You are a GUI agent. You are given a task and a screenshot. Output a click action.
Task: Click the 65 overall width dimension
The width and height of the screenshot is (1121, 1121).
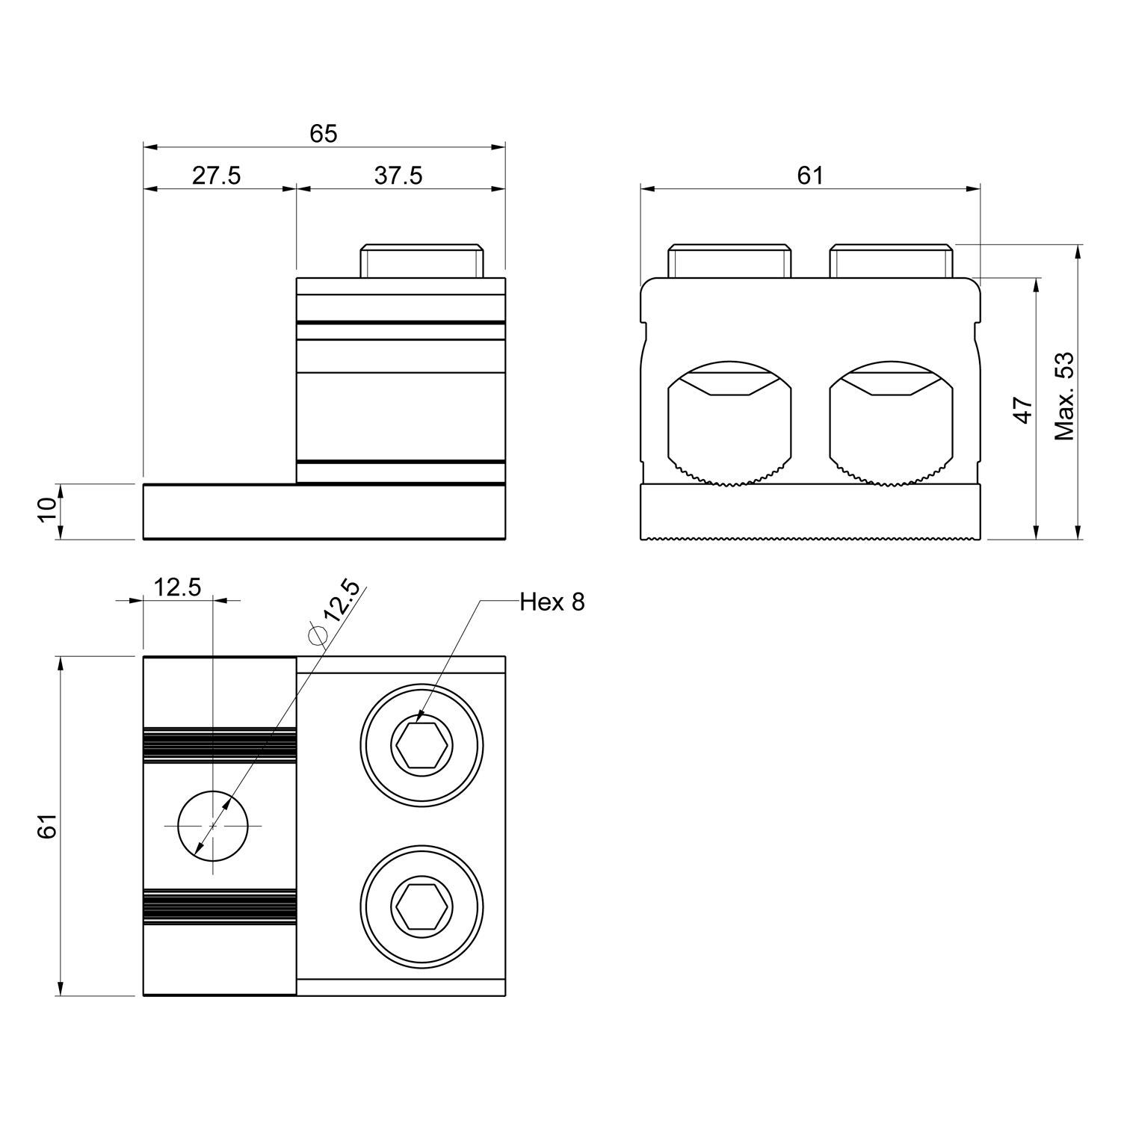point(324,134)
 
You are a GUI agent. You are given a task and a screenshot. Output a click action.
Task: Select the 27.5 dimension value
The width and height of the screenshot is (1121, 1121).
point(217,176)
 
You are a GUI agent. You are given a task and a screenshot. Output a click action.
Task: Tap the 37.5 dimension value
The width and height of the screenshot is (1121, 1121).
point(398,176)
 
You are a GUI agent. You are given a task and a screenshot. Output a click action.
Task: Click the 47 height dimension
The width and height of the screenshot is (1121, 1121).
point(1023,410)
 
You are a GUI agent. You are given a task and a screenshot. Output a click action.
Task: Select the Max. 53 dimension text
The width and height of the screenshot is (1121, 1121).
point(1063,395)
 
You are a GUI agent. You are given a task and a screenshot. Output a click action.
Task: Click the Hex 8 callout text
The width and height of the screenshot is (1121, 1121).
point(552,602)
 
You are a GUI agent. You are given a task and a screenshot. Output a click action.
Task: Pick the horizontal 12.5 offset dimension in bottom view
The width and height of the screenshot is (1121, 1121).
point(178,587)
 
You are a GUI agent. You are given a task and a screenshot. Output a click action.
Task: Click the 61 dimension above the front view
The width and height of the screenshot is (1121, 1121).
point(810,176)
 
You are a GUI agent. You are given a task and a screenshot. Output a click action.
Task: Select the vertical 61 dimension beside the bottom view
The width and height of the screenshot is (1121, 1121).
point(48,826)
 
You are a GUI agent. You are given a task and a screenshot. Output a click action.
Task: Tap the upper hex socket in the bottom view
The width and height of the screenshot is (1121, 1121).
point(422,745)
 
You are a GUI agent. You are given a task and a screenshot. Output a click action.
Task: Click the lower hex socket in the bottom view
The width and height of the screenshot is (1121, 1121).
point(422,907)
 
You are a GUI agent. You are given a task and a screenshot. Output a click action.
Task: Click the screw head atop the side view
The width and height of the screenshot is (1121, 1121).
point(422,261)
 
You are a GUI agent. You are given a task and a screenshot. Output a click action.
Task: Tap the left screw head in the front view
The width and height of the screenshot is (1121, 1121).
point(729,261)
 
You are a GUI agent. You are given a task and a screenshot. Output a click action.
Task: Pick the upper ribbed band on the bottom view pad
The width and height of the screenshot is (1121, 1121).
point(220,745)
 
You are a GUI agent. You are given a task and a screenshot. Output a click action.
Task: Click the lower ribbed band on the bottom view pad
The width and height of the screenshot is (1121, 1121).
point(220,907)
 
